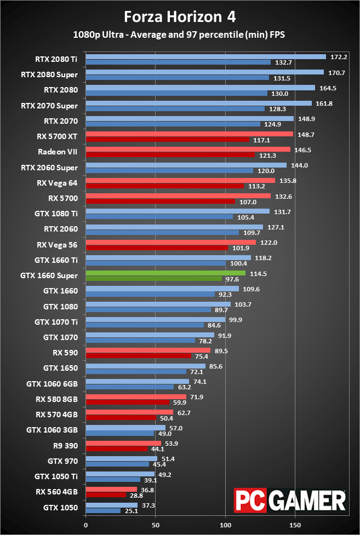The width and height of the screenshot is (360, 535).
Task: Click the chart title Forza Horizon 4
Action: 180,17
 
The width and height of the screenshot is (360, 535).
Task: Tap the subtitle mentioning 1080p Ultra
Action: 180,34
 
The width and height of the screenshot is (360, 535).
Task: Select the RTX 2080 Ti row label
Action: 57,59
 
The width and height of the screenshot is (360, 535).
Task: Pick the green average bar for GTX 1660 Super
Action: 165,273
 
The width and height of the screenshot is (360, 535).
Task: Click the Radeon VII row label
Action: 58,152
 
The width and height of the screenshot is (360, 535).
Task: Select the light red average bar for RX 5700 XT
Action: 190,134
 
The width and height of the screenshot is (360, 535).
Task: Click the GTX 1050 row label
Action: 61,508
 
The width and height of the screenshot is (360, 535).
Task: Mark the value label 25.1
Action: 131,511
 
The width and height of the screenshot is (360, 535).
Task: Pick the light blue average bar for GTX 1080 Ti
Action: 178,211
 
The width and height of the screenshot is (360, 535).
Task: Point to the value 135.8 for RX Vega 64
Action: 286,180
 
